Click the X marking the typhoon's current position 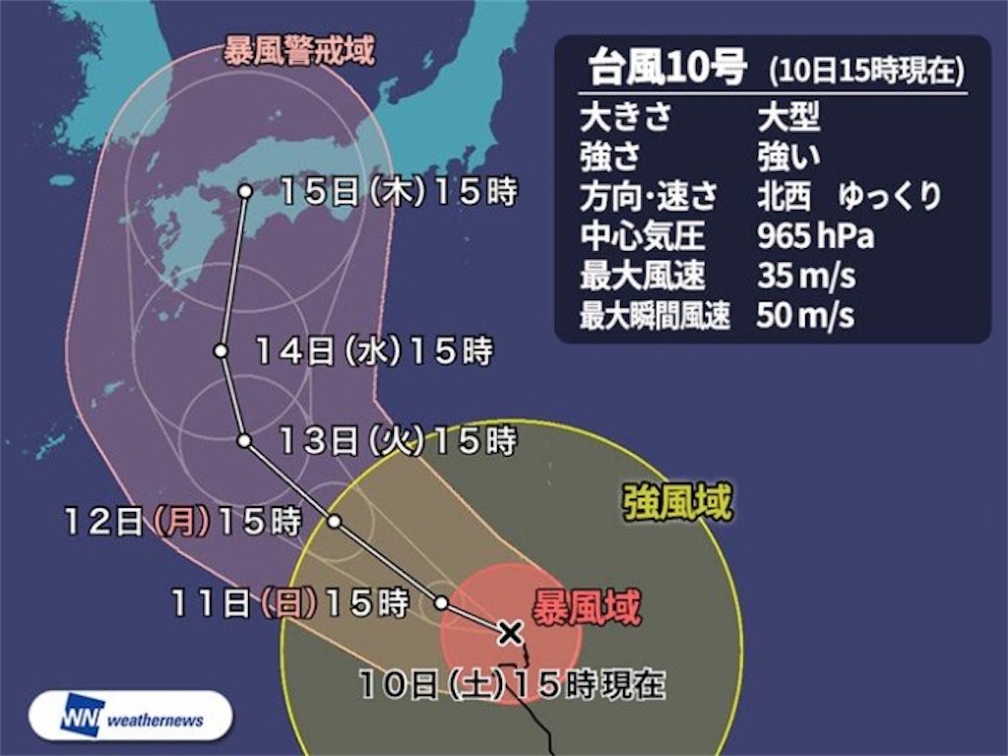click(509, 632)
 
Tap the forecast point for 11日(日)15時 click(442, 602)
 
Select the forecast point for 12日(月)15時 click(335, 522)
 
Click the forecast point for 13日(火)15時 click(244, 441)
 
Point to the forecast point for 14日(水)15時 click(221, 350)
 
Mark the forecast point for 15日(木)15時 click(244, 191)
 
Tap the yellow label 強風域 click(678, 505)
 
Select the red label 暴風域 click(587, 608)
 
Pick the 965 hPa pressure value click(815, 237)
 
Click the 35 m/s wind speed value click(805, 277)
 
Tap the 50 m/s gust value click(805, 316)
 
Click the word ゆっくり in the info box click(890, 197)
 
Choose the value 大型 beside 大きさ click(787, 117)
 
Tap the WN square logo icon click(83, 718)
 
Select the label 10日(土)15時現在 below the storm click(512, 683)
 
